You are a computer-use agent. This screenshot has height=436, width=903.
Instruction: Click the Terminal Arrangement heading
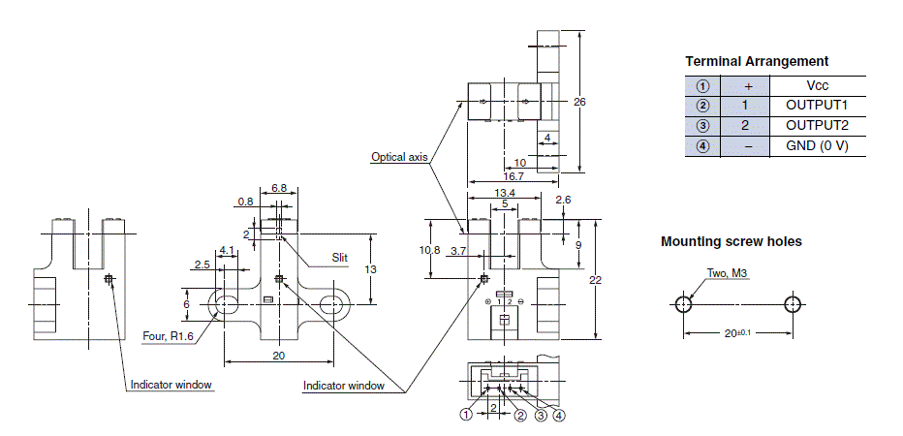pos(757,61)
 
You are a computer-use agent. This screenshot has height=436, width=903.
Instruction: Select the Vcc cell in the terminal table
pos(817,85)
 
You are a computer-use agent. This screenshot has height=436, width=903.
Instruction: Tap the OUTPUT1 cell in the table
pos(817,105)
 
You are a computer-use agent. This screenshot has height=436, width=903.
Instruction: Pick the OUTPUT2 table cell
pos(817,126)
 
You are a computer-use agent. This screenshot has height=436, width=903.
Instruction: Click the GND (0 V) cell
pos(817,146)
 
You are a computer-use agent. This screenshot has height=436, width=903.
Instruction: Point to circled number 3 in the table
pos(703,126)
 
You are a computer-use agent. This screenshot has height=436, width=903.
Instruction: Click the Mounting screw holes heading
pos(731,241)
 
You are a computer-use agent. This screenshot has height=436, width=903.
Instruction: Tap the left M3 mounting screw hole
pos(685,304)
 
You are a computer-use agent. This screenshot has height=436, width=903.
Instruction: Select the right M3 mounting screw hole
pos(794,304)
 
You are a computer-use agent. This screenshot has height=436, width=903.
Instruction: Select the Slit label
pos(340,258)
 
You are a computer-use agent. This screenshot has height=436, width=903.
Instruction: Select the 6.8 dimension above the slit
pos(279,188)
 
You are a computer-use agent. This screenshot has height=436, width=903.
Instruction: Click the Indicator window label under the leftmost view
pos(171,385)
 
